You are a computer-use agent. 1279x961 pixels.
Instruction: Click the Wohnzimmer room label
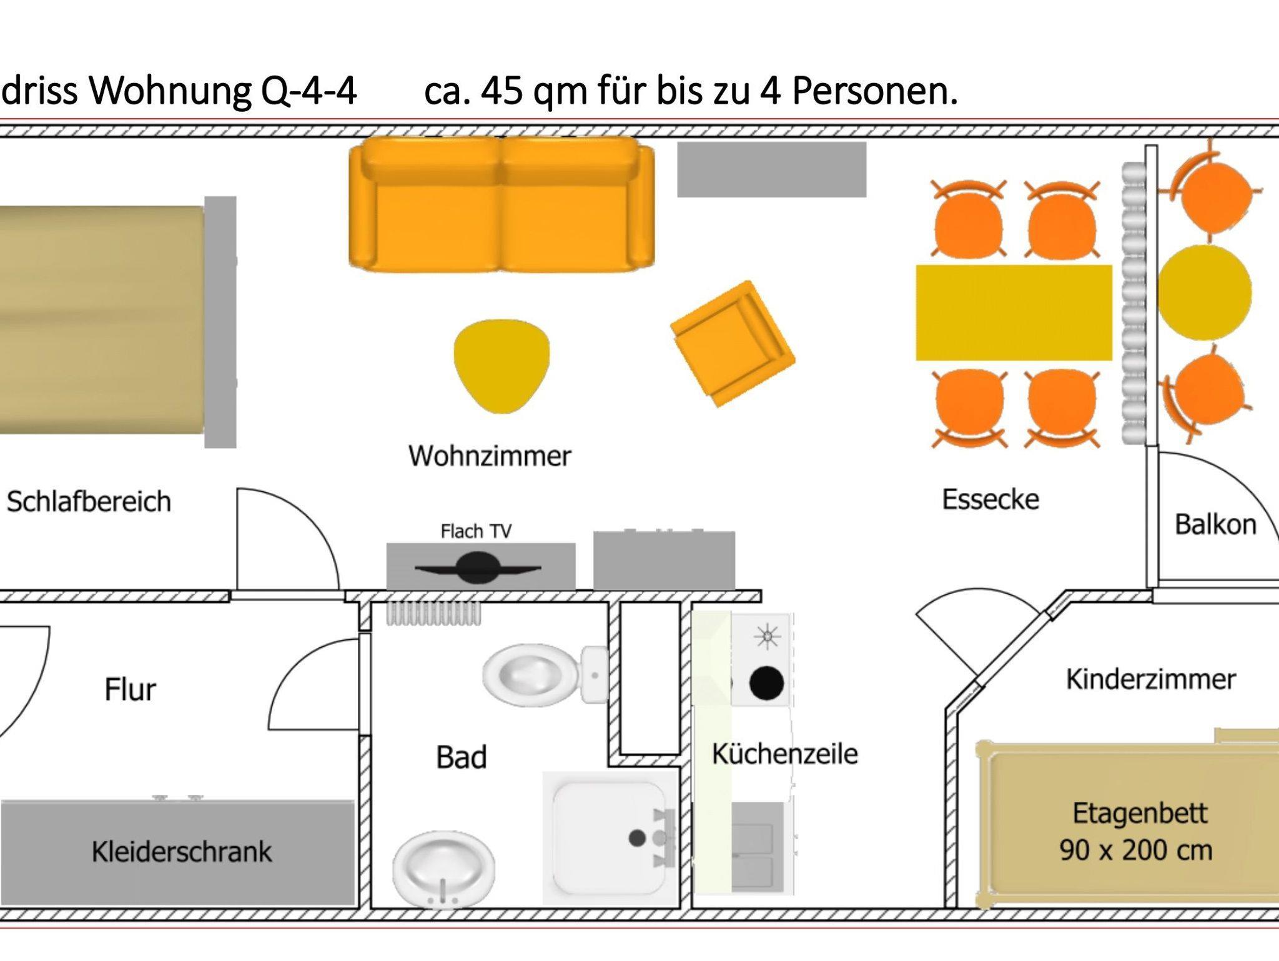pyautogui.click(x=490, y=456)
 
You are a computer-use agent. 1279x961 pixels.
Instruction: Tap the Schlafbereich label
pyautogui.click(x=89, y=502)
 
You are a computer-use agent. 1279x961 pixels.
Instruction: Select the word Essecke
pyautogui.click(x=990, y=499)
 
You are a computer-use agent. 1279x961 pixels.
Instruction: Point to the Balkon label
pyautogui.click(x=1215, y=525)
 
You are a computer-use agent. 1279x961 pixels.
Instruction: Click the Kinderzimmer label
pyautogui.click(x=1150, y=679)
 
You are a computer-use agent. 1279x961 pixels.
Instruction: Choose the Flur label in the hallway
pyautogui.click(x=130, y=690)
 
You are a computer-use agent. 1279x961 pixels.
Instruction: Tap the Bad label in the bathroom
pyautogui.click(x=461, y=757)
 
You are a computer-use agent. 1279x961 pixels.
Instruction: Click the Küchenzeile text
pyautogui.click(x=784, y=754)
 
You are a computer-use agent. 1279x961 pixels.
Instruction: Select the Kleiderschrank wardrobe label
pyautogui.click(x=182, y=852)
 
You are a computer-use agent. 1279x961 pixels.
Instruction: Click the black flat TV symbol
pyautogui.click(x=478, y=567)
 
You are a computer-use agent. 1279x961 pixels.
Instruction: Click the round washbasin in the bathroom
pyautogui.click(x=443, y=869)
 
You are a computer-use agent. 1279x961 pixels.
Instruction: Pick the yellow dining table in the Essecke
pyautogui.click(x=1014, y=313)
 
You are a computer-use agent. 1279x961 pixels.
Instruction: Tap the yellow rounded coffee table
pyautogui.click(x=501, y=364)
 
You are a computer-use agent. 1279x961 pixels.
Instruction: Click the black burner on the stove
pyautogui.click(x=766, y=683)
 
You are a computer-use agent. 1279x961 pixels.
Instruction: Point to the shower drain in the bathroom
pyautogui.click(x=637, y=838)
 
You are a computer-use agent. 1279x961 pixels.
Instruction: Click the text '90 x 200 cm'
pyautogui.click(x=1135, y=850)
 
